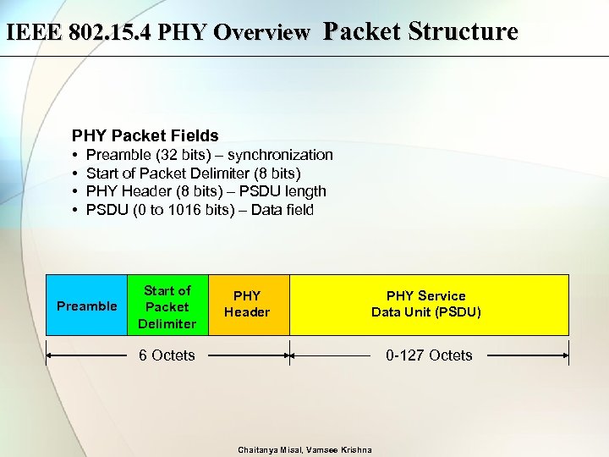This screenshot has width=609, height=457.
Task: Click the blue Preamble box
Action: click(86, 306)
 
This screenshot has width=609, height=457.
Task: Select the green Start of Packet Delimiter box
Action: click(167, 306)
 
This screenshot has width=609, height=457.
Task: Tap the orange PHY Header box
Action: click(247, 305)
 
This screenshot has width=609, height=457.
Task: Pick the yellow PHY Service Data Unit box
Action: click(426, 305)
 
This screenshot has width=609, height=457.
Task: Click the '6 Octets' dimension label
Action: click(167, 355)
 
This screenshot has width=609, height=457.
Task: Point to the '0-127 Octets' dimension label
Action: click(429, 355)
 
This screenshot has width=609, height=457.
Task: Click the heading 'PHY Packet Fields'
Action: click(145, 135)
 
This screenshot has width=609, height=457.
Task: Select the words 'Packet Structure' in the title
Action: click(420, 32)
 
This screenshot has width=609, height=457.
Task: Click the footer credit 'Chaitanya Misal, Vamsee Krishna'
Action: click(304, 449)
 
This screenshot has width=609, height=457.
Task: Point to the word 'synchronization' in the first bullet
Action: click(281, 155)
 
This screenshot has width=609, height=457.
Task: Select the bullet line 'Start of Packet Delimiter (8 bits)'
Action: click(194, 173)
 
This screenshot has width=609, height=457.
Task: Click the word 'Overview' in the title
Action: click(263, 33)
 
